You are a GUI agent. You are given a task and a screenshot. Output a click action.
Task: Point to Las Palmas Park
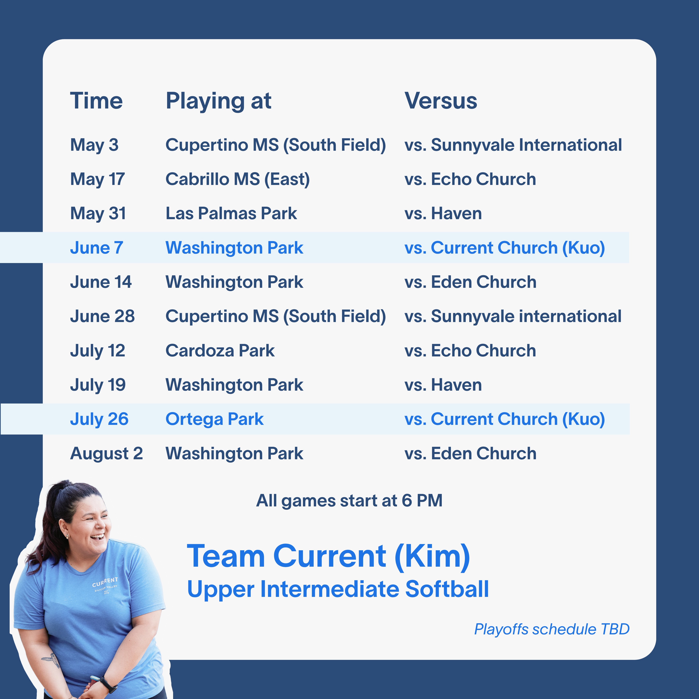pos(231,214)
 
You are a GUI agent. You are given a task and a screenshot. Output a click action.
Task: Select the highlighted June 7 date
pos(97,248)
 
